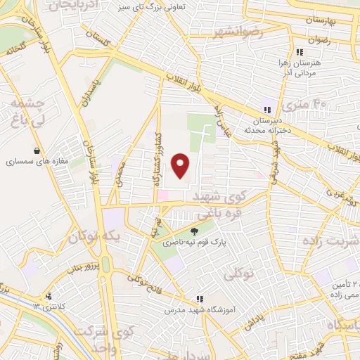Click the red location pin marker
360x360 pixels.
coord(181,165)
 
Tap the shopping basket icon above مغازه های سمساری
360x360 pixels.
coord(37,150)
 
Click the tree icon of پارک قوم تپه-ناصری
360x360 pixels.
coord(195,231)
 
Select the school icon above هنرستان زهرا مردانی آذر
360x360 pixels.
coord(300,52)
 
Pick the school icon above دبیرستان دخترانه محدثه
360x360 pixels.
coord(266,109)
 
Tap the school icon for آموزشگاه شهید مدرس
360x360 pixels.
coord(200,299)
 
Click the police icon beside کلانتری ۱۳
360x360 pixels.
coord(49,297)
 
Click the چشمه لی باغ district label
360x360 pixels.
coord(27,112)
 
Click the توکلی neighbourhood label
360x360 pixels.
coord(238,275)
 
